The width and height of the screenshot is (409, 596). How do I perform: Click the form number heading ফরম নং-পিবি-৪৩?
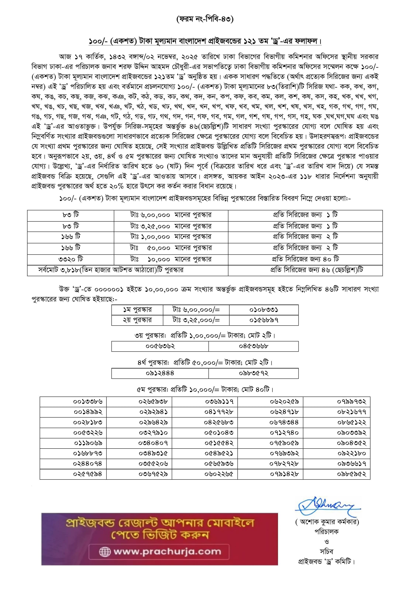point(205,19)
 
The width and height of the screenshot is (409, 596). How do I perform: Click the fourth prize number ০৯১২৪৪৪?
point(160,373)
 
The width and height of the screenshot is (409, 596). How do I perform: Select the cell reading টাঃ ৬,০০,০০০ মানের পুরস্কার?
point(171,215)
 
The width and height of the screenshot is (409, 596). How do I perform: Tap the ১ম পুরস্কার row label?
point(137,310)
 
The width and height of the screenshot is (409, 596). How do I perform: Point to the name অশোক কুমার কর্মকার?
point(327,522)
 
